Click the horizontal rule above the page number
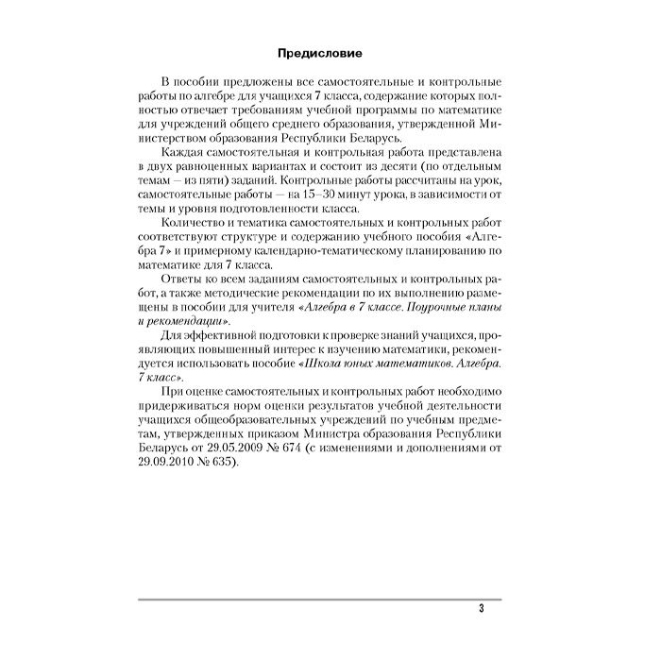[x=321, y=598]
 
